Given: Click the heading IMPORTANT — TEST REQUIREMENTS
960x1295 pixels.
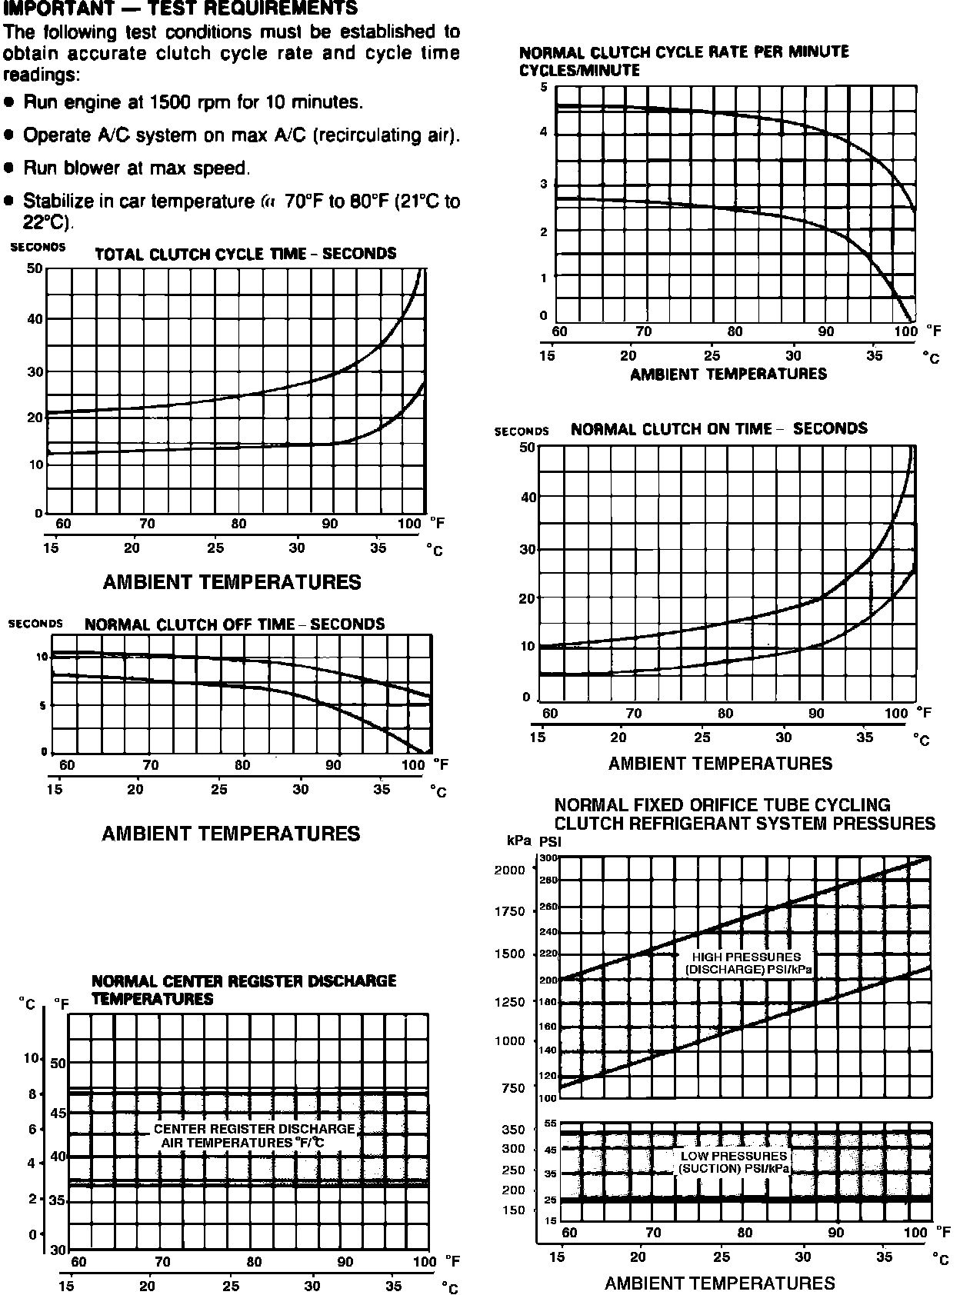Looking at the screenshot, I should pyautogui.click(x=181, y=8).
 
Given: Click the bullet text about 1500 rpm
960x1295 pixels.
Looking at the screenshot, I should pyautogui.click(x=192, y=102).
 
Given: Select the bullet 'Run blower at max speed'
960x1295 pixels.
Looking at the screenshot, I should pyautogui.click(x=136, y=168).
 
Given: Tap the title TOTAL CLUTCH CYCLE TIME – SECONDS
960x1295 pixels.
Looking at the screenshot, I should pyautogui.click(x=245, y=254).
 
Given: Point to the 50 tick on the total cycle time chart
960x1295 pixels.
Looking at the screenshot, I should pyautogui.click(x=35, y=268).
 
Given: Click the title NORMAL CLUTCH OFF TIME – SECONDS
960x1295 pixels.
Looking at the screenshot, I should pyautogui.click(x=235, y=624).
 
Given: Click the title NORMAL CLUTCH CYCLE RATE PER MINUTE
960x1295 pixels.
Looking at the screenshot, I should pyautogui.click(x=684, y=52).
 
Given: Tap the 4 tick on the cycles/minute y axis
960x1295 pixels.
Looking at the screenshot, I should pyautogui.click(x=544, y=132).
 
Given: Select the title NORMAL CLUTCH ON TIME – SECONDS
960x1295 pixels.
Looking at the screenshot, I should pyautogui.click(x=718, y=428).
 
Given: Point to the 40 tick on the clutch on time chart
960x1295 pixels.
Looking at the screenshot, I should pyautogui.click(x=528, y=497).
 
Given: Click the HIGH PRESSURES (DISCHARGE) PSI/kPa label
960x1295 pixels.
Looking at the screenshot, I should pyautogui.click(x=747, y=964).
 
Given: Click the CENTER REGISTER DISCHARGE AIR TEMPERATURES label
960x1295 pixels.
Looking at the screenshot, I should pyautogui.click(x=254, y=1136).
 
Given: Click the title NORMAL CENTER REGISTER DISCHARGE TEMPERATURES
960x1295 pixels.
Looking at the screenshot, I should pyautogui.click(x=244, y=990).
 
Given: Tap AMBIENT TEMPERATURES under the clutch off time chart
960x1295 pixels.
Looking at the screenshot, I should pyautogui.click(x=231, y=834).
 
